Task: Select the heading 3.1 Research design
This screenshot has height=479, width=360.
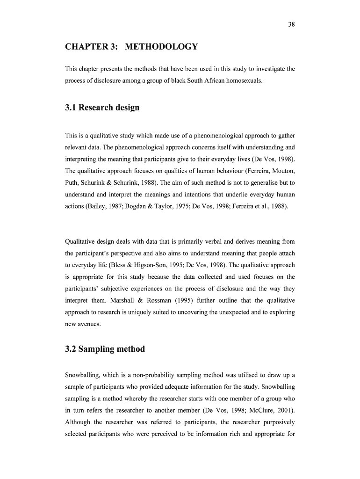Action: [102, 108]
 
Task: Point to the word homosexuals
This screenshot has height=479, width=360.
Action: [246, 80]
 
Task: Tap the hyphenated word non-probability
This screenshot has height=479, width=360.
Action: [159, 376]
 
